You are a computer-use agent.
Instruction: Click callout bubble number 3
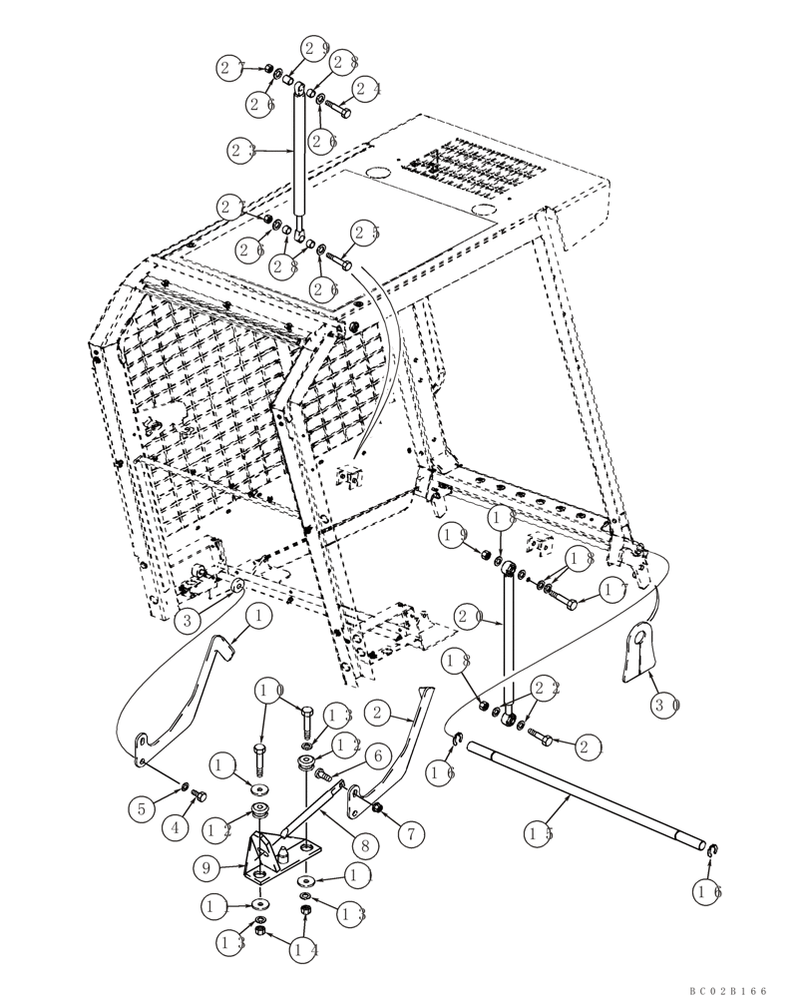pyautogui.click(x=185, y=621)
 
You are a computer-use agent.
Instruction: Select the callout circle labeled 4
pyautogui.click(x=175, y=827)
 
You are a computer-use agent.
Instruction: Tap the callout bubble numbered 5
pyautogui.click(x=142, y=808)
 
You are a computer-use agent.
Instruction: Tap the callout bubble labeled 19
pyautogui.click(x=455, y=535)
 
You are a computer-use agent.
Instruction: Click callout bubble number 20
pyautogui.click(x=468, y=618)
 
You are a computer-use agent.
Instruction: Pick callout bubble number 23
pyautogui.click(x=241, y=151)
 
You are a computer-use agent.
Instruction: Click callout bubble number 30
pyautogui.click(x=665, y=705)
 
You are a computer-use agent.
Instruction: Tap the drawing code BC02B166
pyautogui.click(x=727, y=991)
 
